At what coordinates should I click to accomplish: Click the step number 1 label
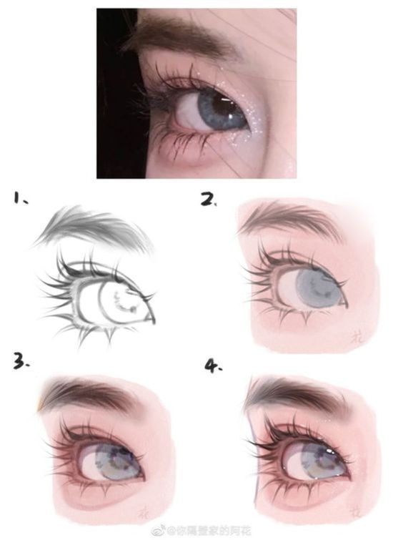(x=19, y=198)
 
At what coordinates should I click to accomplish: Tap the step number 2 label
(x=208, y=199)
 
